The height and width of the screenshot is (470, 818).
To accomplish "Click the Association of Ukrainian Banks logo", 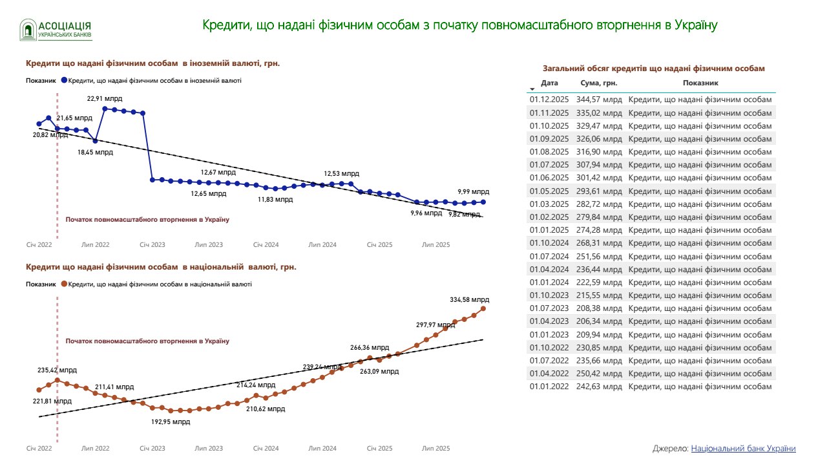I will coord(56,29).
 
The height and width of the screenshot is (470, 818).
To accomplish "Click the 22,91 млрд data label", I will coord(105,99).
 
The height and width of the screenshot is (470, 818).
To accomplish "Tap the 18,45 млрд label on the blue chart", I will coord(95,153).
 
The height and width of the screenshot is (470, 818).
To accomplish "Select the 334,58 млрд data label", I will coord(470,300).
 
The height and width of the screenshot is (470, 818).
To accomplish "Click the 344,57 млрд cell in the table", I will coord(599,100).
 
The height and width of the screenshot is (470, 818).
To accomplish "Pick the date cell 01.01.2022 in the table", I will coord(549,387).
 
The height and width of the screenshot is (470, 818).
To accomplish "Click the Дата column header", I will coord(549,83).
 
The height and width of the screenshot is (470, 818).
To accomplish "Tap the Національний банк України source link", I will coord(743,449).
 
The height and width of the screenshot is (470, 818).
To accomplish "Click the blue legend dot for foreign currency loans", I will coord(64,81).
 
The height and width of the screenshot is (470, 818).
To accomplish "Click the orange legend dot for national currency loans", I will coord(64,284).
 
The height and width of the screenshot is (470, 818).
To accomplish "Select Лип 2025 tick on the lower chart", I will coord(435,448).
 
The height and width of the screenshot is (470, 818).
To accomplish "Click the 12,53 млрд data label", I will coord(341,174).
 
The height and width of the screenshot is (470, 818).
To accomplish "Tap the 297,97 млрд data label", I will coord(435,325).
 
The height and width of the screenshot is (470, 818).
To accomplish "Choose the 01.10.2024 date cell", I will coord(549,243).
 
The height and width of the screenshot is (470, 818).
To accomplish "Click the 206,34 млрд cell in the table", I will coord(599,321).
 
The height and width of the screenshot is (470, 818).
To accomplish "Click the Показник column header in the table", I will coord(700,83).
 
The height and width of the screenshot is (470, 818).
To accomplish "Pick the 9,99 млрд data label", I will coord(473,192).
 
